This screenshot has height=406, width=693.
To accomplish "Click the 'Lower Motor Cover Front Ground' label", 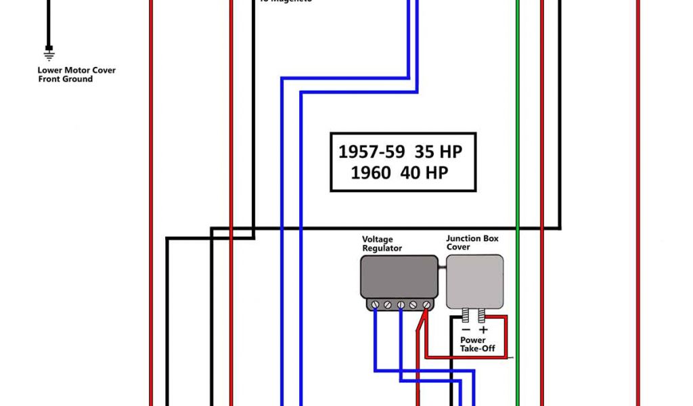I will coord(76,74).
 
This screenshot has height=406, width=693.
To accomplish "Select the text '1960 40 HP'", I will coord(399,173).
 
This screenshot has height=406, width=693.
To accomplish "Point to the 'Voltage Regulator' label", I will coord(382,244).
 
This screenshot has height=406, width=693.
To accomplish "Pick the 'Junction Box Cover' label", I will coord(472,243).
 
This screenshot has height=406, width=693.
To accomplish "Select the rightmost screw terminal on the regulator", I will coord(426,305).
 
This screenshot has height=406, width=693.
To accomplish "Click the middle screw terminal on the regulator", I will coord(401,305).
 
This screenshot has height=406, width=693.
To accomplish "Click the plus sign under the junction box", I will coord(483,330).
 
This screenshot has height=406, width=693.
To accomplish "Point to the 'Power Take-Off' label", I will coord(478,344).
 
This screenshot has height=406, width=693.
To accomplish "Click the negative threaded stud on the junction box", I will coord(467,316).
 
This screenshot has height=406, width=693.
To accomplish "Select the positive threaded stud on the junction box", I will coord(483,316).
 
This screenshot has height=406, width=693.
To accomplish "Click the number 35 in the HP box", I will coord(425,151).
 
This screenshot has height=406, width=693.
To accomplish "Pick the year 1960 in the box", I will coord(370,173).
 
